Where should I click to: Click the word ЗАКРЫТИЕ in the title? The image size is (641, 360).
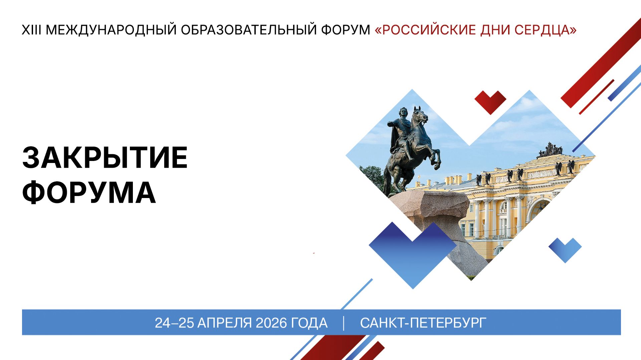105,158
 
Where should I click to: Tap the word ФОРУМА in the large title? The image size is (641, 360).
89,193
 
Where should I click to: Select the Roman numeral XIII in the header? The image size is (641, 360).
31,30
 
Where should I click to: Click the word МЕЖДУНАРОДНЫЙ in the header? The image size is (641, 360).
111,30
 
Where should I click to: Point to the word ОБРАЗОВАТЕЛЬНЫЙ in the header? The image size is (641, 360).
249,30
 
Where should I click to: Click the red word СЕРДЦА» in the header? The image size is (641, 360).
545,30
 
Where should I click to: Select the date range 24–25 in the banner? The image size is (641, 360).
174,323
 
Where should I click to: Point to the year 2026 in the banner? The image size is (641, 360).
271,323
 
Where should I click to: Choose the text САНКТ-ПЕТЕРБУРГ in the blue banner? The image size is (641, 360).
423,323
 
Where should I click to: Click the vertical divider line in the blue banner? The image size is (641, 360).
344,323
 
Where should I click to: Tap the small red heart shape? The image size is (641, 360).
490,101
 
